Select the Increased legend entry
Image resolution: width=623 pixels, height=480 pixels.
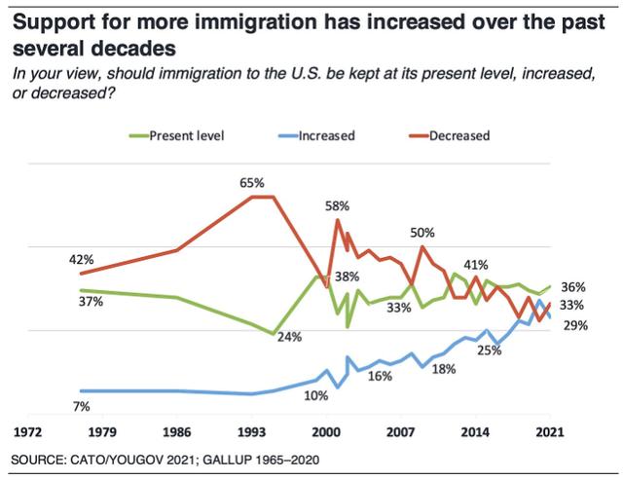(322, 136)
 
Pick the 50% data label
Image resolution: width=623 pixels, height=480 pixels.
(422, 233)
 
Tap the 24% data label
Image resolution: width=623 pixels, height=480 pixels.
(291, 337)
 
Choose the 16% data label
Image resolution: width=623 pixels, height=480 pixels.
(379, 376)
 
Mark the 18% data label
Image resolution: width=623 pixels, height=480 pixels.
(443, 368)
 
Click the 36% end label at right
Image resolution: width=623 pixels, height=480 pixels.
(573, 287)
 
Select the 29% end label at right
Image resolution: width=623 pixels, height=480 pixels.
(573, 325)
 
